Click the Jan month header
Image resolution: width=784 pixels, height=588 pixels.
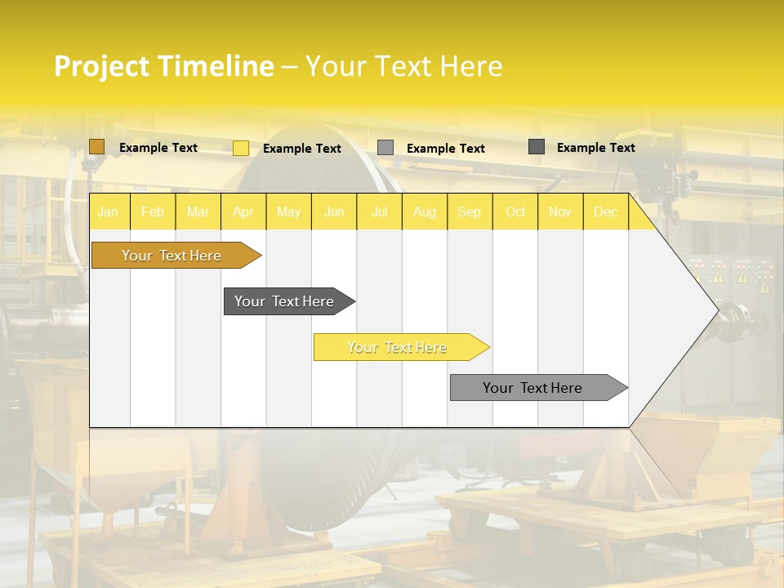pyautogui.click(x=108, y=212)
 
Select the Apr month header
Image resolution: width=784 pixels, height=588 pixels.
pyautogui.click(x=243, y=212)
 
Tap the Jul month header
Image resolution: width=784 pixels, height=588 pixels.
pyautogui.click(x=379, y=212)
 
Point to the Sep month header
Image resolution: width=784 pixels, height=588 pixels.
pyautogui.click(x=469, y=212)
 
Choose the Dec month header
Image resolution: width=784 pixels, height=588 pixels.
pyautogui.click(x=605, y=212)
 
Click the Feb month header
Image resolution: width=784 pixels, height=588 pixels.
pyautogui.click(x=153, y=212)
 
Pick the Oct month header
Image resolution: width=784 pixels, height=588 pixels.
pyautogui.click(x=515, y=212)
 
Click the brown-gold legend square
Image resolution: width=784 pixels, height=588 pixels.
pyautogui.click(x=97, y=147)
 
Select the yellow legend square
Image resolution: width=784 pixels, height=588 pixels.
pyautogui.click(x=241, y=148)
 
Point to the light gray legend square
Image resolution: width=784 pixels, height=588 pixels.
pyautogui.click(x=385, y=148)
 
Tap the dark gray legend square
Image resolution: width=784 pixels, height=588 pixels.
pyautogui.click(x=537, y=147)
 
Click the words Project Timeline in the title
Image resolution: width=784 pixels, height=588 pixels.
pyautogui.click(x=163, y=66)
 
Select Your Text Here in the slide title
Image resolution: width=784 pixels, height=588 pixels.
pyautogui.click(x=403, y=66)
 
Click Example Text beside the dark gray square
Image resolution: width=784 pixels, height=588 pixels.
pyautogui.click(x=595, y=148)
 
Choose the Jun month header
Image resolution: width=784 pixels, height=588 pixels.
pyautogui.click(x=334, y=212)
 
